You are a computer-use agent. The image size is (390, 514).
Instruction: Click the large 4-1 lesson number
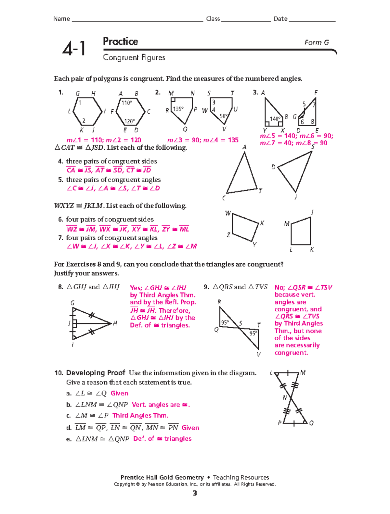click(x=74, y=49)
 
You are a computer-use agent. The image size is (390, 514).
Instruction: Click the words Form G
click(x=316, y=43)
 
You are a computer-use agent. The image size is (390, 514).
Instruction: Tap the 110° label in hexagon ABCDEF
click(x=127, y=103)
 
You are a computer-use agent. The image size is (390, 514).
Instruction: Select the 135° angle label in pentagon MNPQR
click(x=178, y=109)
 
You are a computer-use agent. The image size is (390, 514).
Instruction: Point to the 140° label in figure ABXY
click(x=275, y=119)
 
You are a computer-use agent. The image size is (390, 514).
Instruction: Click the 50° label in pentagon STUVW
click(x=224, y=116)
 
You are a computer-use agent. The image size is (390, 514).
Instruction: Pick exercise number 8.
click(x=60, y=287)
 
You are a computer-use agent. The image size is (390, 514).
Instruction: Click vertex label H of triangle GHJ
click(x=115, y=323)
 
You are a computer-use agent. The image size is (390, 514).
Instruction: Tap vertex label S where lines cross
click(x=240, y=323)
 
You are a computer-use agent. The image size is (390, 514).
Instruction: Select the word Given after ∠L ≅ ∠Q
click(x=119, y=393)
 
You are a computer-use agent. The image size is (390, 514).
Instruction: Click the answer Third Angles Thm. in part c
click(x=140, y=415)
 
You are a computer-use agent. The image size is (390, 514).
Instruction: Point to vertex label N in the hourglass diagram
click(x=285, y=397)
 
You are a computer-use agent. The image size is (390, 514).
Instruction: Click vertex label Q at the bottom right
click(x=311, y=423)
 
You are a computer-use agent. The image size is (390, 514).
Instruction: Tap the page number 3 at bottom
click(x=195, y=493)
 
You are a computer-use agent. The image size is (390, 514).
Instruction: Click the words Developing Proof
click(x=96, y=373)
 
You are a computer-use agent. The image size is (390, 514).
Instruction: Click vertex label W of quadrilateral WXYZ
click(x=228, y=213)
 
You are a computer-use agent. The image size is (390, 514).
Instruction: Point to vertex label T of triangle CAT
click(x=260, y=191)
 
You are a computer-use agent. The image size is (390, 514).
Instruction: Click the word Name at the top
click(x=61, y=19)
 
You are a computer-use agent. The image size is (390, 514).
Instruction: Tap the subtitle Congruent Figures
click(x=134, y=57)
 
